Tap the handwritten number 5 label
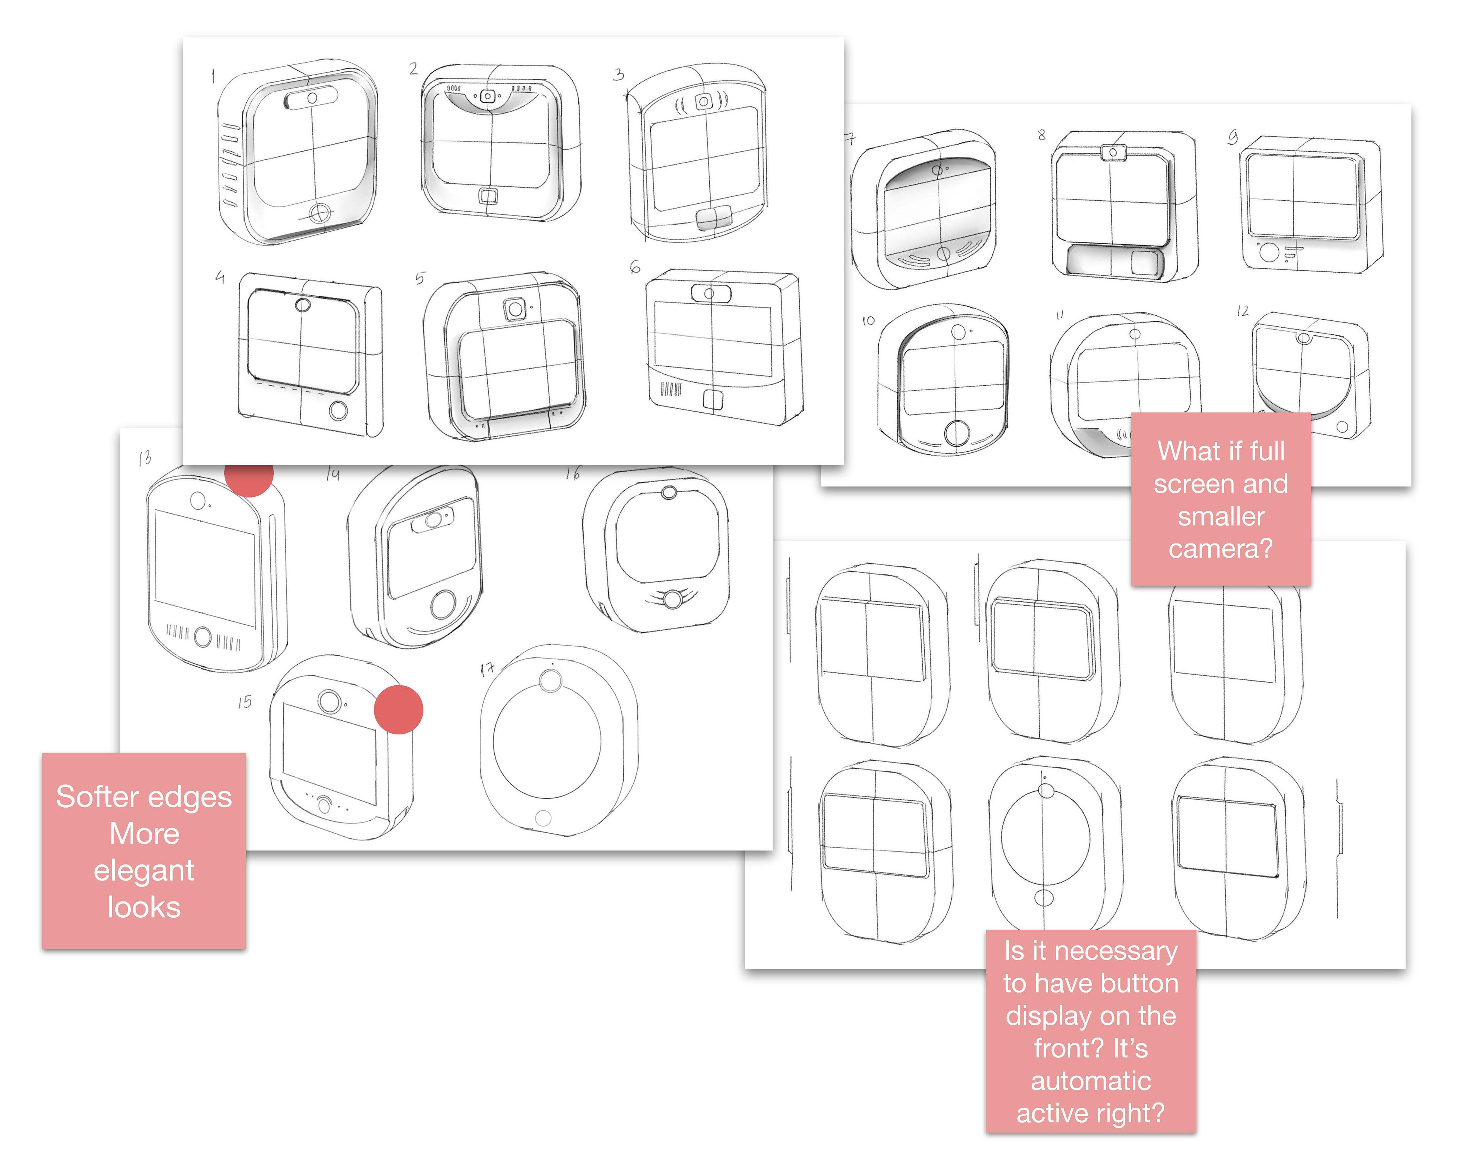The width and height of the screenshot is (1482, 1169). point(420,278)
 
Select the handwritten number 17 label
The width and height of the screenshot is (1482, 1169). point(487,669)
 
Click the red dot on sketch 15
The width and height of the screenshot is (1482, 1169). point(398,710)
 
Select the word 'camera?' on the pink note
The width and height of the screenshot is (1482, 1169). point(1221,548)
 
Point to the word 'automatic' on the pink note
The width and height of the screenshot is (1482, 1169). point(1091,1081)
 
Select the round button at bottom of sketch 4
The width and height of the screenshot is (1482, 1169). point(338,411)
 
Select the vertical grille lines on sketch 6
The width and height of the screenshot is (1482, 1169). point(670,390)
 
